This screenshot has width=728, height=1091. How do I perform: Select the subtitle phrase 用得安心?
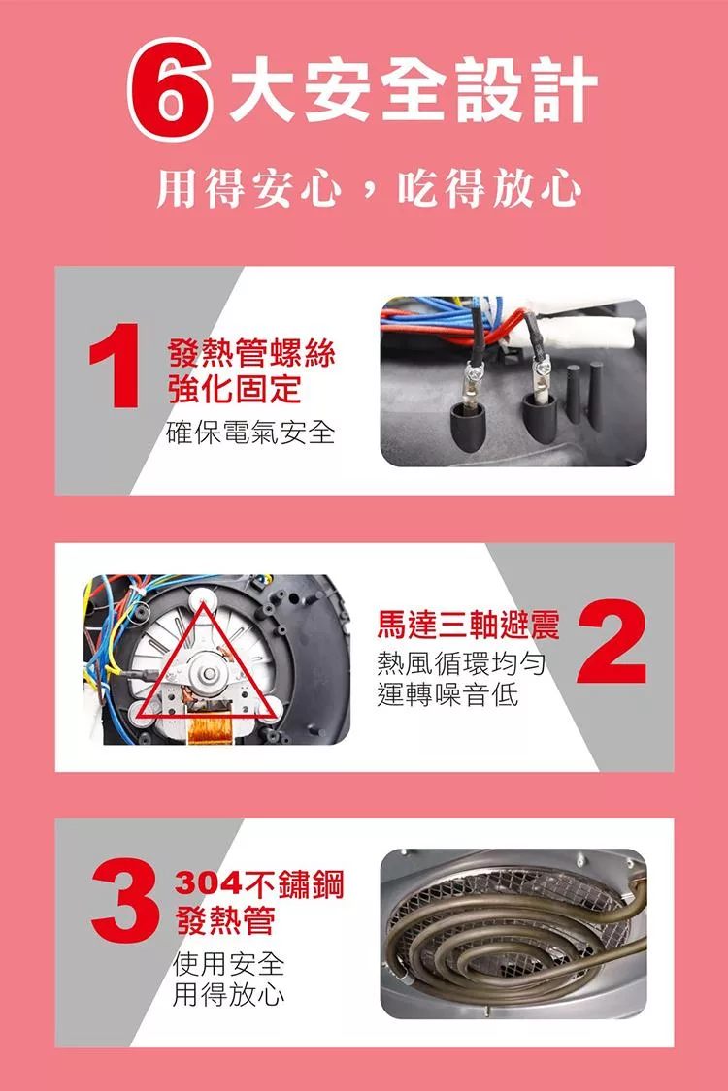click(248, 187)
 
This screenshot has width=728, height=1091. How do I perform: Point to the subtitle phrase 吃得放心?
click(487, 187)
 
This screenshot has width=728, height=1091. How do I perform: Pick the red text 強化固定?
click(235, 389)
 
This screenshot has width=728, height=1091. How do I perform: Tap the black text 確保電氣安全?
click(250, 433)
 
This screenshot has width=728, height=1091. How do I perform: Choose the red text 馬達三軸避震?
click(468, 625)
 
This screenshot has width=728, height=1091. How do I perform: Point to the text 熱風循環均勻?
click(461, 663)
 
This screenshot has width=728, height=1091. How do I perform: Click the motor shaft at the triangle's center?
click(209, 673)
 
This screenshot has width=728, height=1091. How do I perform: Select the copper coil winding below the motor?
click(210, 730)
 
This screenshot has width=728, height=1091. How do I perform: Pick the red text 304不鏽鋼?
click(258, 883)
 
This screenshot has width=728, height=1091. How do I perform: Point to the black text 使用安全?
click(228, 964)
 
